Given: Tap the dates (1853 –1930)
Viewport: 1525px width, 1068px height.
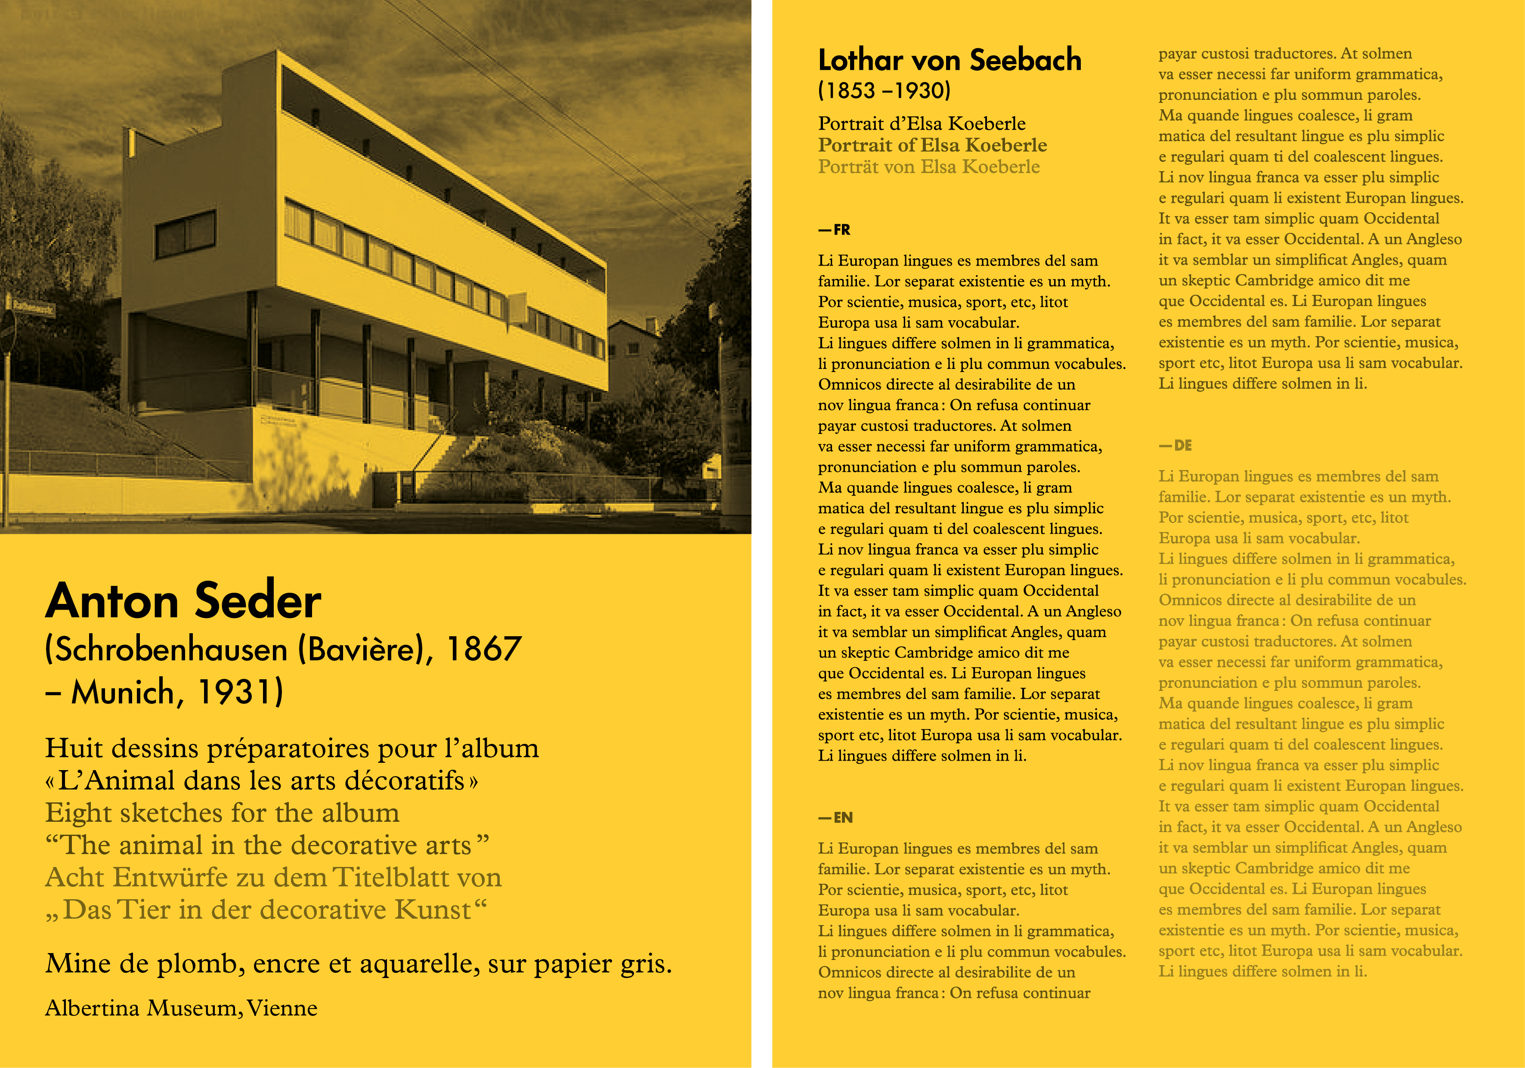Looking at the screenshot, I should [x=884, y=91].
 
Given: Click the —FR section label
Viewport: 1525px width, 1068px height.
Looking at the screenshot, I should [x=834, y=230].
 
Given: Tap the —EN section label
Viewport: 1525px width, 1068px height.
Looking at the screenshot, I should [x=835, y=817].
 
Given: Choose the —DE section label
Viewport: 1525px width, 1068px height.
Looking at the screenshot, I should [x=1175, y=446].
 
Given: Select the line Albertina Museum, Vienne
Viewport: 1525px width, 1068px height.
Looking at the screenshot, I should [x=181, y=1008].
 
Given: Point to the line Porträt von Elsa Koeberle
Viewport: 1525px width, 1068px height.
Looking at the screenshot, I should [x=928, y=167].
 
